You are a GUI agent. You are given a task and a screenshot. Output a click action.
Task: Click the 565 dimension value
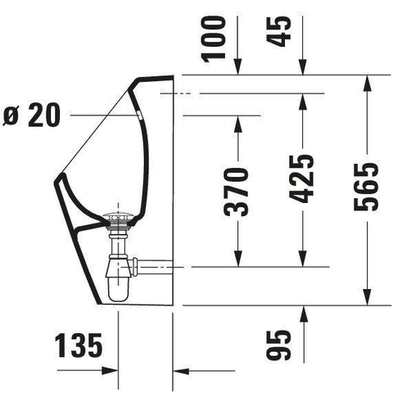pyautogui.click(x=366, y=187)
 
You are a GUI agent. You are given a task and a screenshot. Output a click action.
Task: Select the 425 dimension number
pyautogui.click(x=301, y=178)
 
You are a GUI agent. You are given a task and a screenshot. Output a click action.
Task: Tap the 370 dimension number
pyautogui.click(x=236, y=192)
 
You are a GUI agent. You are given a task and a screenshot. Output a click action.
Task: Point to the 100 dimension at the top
pyautogui.click(x=214, y=39)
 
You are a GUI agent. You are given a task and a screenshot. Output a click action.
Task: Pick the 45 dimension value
pyautogui.click(x=278, y=32)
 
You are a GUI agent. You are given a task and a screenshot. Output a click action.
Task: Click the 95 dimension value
pyautogui.click(x=278, y=346)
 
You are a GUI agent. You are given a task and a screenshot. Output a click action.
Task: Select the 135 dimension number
pyautogui.click(x=79, y=346)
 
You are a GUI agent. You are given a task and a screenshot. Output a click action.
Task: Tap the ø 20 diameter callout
pyautogui.click(x=31, y=115)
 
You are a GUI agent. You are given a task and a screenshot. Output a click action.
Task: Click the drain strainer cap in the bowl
pyautogui.click(x=119, y=216)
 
